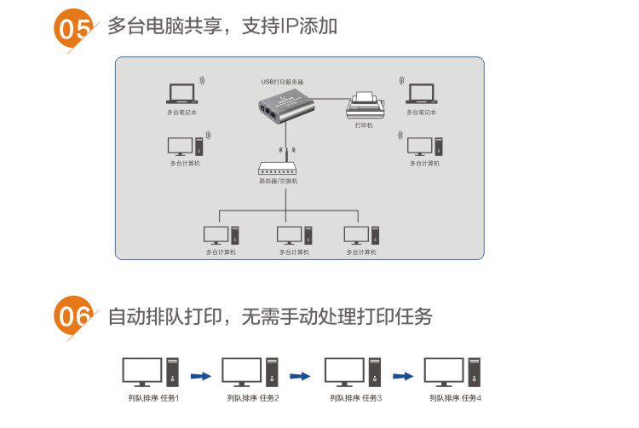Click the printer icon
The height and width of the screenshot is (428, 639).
click(x=367, y=106)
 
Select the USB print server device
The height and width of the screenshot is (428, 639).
click(x=284, y=107)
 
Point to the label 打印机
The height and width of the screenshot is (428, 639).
click(x=364, y=125)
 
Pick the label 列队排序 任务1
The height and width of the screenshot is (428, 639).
click(x=153, y=397)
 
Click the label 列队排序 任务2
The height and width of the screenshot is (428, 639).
click(x=253, y=397)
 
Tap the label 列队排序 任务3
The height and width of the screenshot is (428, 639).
click(x=356, y=397)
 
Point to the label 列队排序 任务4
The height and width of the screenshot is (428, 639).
click(x=455, y=397)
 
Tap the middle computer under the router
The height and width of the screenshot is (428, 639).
click(x=294, y=235)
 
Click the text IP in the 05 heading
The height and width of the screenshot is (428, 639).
click(x=291, y=26)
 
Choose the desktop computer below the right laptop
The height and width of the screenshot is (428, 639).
click(x=423, y=146)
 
